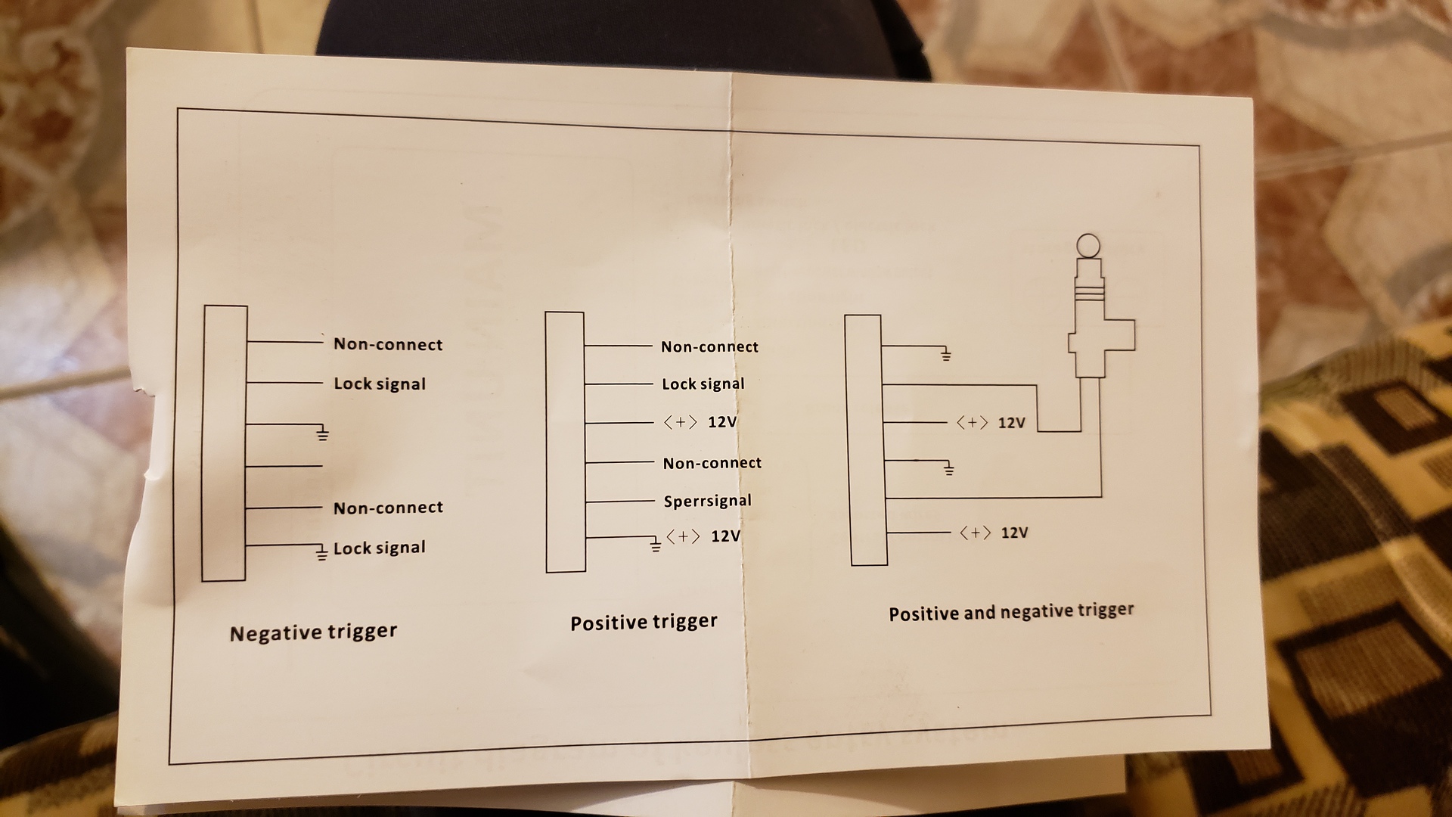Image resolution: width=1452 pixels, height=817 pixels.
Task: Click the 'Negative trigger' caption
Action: (313, 632)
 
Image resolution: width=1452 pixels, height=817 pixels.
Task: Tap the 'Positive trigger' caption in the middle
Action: (644, 622)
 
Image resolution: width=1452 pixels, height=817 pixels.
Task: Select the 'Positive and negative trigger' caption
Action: (1011, 612)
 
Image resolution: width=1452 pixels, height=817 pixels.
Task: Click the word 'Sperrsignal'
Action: (708, 501)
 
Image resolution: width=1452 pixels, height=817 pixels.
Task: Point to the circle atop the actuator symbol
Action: (1088, 245)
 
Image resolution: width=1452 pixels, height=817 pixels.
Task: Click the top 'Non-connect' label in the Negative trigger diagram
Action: (388, 344)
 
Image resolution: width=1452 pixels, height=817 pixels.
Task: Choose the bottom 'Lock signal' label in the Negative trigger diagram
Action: (380, 548)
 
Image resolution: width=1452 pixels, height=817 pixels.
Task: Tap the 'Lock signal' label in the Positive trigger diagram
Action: (703, 384)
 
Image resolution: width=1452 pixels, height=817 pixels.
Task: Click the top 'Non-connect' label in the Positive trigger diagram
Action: (709, 346)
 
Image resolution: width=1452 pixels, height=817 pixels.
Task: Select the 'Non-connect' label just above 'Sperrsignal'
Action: (712, 463)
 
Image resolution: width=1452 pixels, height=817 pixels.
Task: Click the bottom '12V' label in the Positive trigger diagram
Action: (725, 536)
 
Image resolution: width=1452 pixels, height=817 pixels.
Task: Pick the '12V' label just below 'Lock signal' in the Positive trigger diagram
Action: (722, 422)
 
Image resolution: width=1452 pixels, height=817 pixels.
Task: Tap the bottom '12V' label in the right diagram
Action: (1014, 533)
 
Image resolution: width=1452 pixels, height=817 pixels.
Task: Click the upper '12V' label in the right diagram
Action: (1011, 423)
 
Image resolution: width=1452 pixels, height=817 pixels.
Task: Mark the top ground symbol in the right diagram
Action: (945, 353)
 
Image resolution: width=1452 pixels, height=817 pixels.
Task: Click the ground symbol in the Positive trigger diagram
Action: (656, 544)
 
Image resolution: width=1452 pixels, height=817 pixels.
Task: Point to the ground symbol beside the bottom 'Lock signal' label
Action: (322, 553)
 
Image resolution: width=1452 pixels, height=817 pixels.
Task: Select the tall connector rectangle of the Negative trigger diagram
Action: (225, 443)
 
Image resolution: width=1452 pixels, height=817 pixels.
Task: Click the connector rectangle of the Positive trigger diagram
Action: (565, 443)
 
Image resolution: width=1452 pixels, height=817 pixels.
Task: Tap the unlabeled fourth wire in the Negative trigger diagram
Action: (284, 466)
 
